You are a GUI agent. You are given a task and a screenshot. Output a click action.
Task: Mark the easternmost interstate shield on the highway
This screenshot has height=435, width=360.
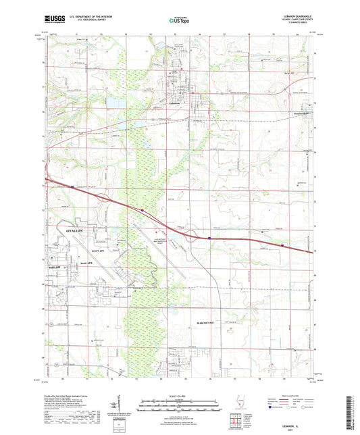click(x=282, y=245)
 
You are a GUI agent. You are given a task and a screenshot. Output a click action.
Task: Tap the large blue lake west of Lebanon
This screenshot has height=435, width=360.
click(x=114, y=103)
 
